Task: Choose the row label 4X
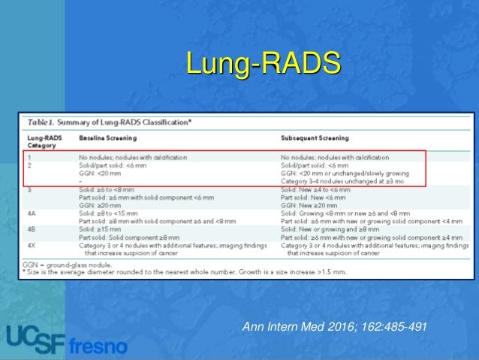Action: coord(32,245)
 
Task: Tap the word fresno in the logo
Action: coord(98,346)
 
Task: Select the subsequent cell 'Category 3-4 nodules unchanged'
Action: coord(346,182)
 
